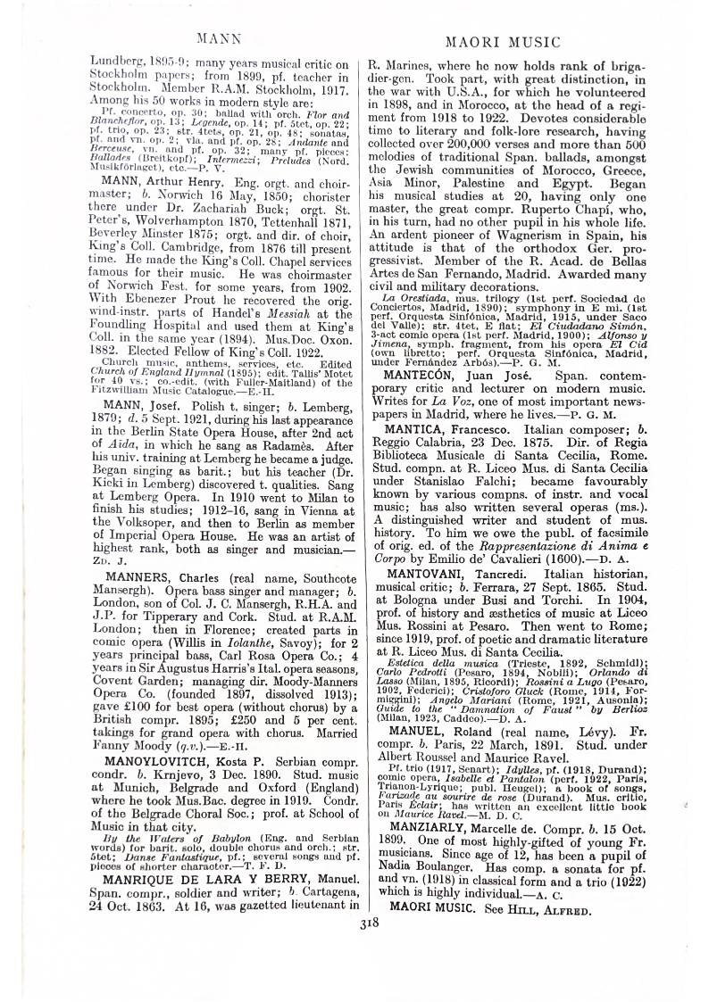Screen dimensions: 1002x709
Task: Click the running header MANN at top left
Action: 213,40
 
